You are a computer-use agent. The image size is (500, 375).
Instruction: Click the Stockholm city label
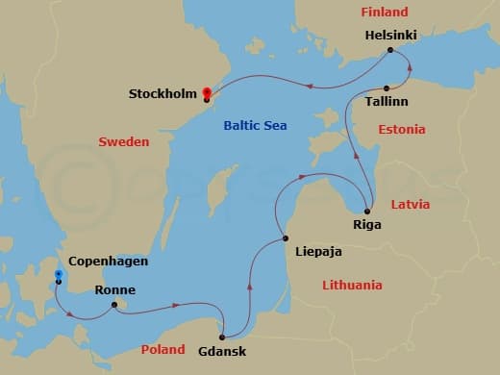click(x=162, y=94)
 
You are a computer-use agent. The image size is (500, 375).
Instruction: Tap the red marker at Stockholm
click(x=207, y=92)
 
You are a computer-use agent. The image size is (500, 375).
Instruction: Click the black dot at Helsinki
click(x=389, y=49)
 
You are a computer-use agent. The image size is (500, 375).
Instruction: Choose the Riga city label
click(x=367, y=225)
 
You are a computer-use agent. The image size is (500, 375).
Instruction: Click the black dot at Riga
click(x=369, y=212)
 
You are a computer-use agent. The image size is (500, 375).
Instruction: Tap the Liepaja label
click(x=316, y=252)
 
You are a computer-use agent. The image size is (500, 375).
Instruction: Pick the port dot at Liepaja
click(x=286, y=238)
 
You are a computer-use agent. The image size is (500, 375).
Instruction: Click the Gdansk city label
click(x=221, y=351)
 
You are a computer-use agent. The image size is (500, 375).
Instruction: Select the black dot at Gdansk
click(x=222, y=337)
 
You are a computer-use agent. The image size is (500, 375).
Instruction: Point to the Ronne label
click(x=115, y=290)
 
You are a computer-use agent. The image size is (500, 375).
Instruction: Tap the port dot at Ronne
click(x=113, y=305)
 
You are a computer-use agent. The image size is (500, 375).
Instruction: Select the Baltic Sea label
click(x=256, y=125)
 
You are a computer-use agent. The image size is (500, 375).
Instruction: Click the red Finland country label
click(x=384, y=12)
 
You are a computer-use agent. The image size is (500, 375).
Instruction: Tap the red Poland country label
click(x=162, y=348)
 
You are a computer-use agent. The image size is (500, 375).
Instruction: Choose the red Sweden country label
click(x=124, y=142)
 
